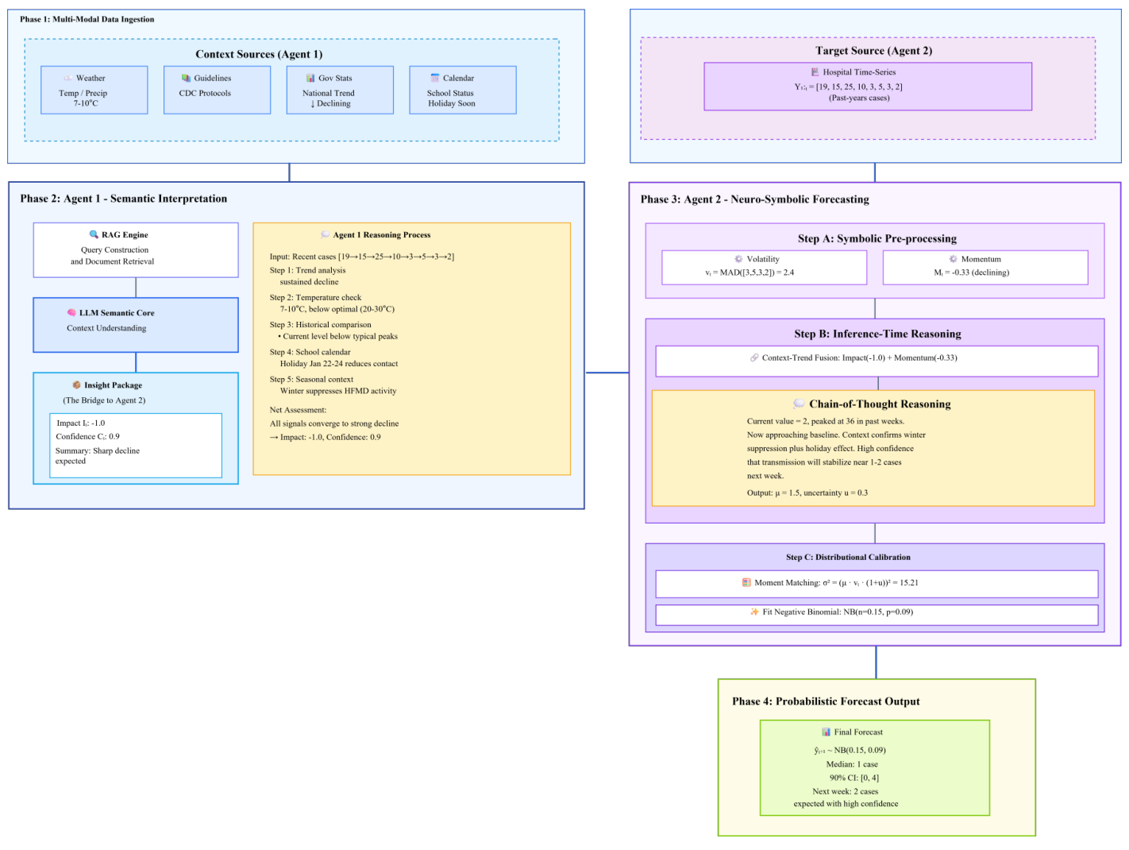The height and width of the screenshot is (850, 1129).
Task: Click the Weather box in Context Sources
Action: point(94,90)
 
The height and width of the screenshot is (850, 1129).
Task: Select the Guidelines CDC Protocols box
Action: point(217,90)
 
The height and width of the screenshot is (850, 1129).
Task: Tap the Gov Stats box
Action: point(339,90)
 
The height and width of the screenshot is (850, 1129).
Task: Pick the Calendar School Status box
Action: point(462,90)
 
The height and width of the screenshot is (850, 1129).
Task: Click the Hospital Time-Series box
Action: point(867,86)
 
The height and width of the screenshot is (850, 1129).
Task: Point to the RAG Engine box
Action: point(135,249)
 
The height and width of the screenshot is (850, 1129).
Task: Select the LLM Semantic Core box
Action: point(135,324)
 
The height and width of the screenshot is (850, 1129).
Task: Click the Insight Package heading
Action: point(113,385)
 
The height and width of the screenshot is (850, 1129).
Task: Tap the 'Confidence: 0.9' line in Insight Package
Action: point(88,436)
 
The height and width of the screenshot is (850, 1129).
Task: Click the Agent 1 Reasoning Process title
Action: point(381,235)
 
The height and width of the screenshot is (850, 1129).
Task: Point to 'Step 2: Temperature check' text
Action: point(315,298)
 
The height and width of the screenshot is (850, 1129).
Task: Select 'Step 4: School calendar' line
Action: point(310,352)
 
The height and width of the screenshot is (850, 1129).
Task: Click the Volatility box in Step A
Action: point(764,267)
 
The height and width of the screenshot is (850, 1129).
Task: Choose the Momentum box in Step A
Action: point(985,267)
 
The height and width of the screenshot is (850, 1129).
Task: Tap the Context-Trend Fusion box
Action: point(876,361)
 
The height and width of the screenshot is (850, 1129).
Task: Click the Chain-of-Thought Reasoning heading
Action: point(879,404)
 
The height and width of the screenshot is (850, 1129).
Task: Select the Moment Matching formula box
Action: point(876,583)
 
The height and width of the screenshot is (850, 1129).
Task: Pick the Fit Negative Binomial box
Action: point(876,614)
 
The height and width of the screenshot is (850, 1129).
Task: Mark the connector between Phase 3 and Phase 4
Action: point(876,662)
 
